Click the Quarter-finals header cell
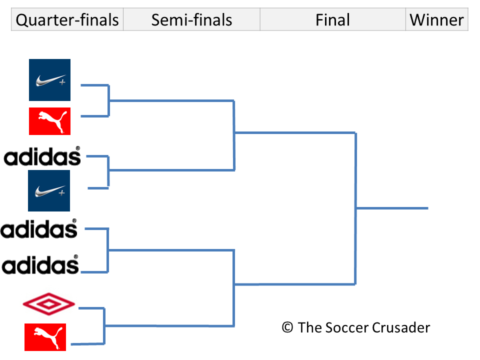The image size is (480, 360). click(67, 20)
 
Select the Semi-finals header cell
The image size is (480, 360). click(191, 20)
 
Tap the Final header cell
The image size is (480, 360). click(332, 20)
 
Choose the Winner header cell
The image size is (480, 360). click(436, 20)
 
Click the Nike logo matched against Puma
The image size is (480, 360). click(49, 80)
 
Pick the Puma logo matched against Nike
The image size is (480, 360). click(49, 121)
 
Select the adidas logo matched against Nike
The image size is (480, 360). click(42, 156)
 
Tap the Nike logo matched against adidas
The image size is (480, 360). click(49, 190)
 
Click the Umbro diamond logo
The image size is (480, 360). click(49, 303)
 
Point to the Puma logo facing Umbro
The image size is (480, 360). click(45, 337)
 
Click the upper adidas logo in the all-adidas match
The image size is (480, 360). click(39, 229)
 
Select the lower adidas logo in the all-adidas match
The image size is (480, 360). click(40, 265)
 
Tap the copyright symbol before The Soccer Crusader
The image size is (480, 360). click(287, 327)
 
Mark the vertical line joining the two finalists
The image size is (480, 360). click(355, 208)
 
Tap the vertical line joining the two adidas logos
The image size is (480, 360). click(107, 250)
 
